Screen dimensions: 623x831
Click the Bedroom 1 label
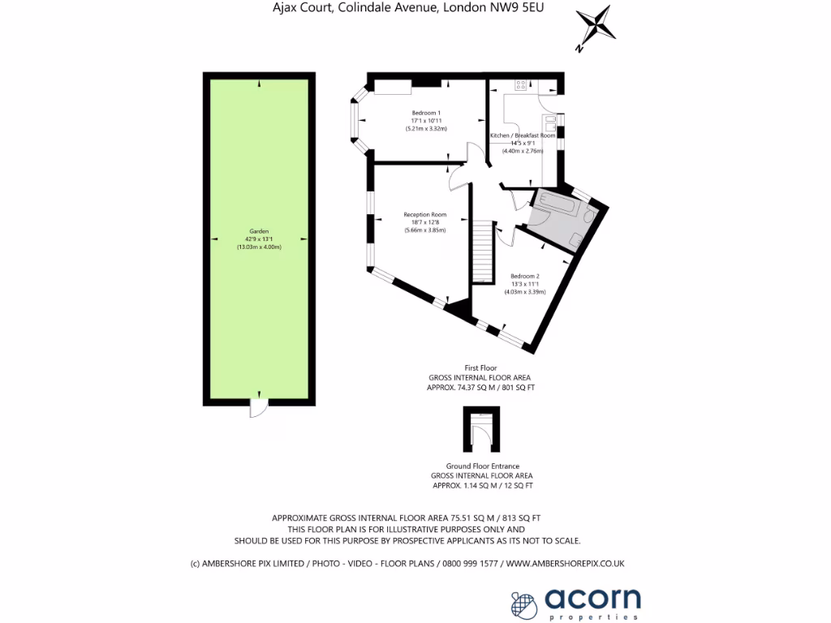426,112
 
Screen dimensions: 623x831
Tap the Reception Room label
425,215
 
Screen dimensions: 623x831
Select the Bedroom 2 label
525,276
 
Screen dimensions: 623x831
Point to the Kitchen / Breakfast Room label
523,135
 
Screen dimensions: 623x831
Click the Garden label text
259,230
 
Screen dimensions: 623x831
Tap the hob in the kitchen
520,84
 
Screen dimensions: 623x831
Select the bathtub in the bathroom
558,204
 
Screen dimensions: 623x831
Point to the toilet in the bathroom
577,238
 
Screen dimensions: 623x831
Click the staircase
483,250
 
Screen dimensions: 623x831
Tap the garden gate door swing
258,410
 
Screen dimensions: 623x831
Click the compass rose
596,27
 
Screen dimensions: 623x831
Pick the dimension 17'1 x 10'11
426,120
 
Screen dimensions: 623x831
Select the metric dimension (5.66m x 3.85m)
425,230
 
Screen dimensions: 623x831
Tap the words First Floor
480,368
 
